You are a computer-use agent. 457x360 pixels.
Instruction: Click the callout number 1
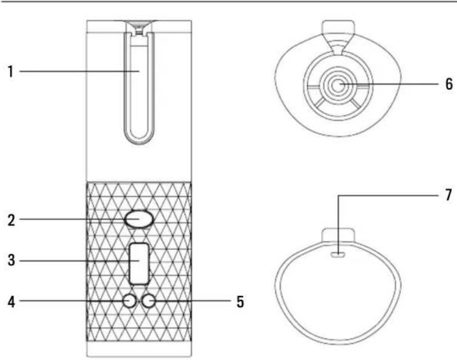pyautogui.click(x=11, y=71)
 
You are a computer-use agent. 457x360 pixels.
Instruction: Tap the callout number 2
pyautogui.click(x=11, y=220)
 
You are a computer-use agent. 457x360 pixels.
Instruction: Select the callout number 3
pyautogui.click(x=11, y=260)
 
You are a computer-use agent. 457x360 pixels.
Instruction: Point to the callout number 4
pyautogui.click(x=11, y=301)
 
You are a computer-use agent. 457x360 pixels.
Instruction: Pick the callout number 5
pyautogui.click(x=240, y=301)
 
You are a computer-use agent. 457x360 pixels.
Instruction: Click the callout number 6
pyautogui.click(x=449, y=84)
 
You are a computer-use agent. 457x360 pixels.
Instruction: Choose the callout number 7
pyautogui.click(x=449, y=195)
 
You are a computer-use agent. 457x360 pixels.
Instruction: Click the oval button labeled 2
pyautogui.click(x=140, y=219)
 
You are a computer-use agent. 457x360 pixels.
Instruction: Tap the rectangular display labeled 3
pyautogui.click(x=140, y=264)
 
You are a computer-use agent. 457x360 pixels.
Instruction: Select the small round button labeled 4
pyautogui.click(x=129, y=301)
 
